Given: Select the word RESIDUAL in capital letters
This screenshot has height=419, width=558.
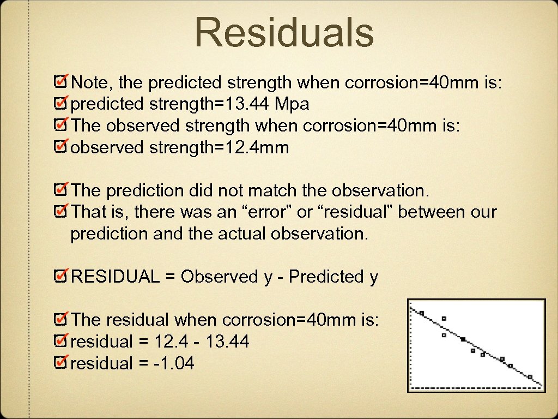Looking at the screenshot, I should (116, 277).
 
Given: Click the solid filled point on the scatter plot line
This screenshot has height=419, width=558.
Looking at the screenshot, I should (463, 339).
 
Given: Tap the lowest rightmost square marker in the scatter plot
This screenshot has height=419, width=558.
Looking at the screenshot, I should (530, 376).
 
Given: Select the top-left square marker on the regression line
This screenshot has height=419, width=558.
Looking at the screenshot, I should (422, 313).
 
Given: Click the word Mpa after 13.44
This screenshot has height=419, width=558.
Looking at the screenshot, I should (293, 104).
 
